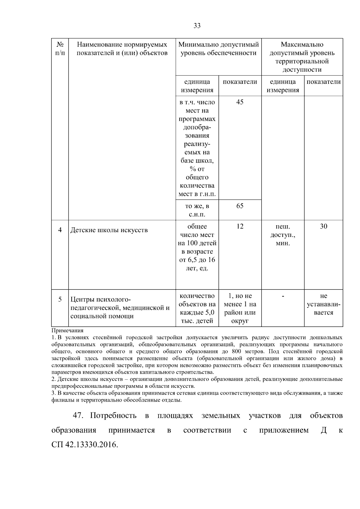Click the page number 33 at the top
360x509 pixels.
[197, 26]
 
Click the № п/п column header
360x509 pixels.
[60, 49]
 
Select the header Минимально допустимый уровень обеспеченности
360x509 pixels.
[218, 49]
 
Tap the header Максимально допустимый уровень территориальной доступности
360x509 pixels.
[302, 57]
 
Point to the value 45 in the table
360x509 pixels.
[240, 102]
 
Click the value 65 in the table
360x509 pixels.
[240, 206]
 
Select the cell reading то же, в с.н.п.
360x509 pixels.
[197, 210]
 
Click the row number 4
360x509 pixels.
[60, 230]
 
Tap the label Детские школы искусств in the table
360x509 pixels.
[109, 230]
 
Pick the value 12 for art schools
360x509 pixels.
[240, 226]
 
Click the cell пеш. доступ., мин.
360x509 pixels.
[283, 235]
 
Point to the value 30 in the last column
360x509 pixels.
[323, 226]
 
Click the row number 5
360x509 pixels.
[60, 299]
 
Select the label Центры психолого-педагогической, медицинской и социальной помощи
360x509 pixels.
[120, 308]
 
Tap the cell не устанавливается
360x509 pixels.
[323, 304]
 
